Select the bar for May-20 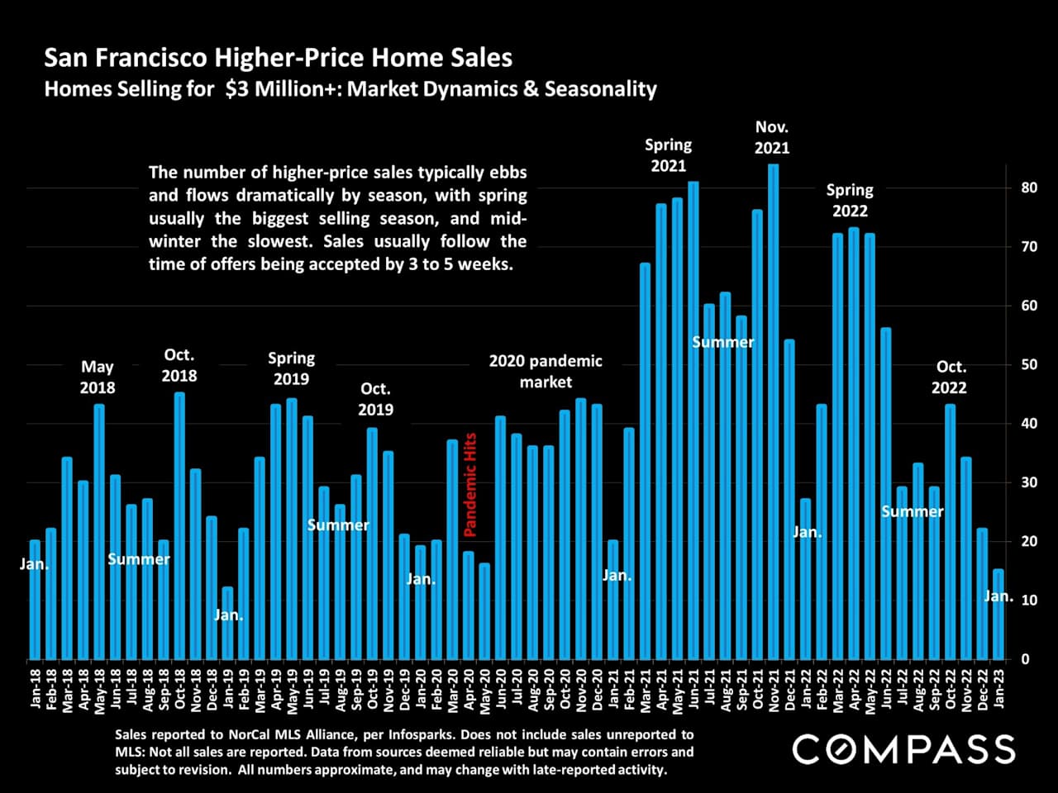[484, 611]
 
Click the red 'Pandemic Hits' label [470, 484]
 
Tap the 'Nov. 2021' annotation [772, 138]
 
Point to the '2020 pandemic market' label [546, 372]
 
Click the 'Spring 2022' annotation [850, 201]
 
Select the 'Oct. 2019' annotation [375, 399]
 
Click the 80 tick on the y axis [1029, 188]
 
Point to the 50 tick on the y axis [1029, 365]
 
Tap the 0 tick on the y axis [1025, 659]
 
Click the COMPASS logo [903, 749]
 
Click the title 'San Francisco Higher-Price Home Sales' [278, 58]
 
